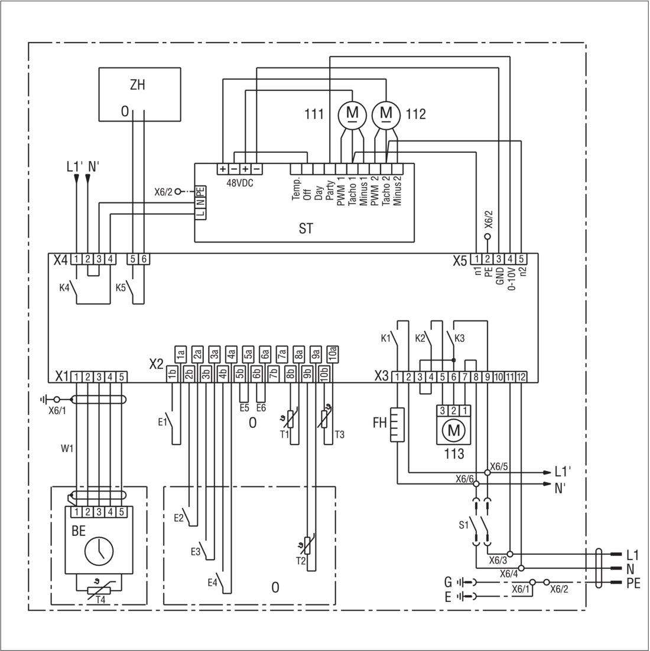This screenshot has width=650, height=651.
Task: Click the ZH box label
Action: coord(138,85)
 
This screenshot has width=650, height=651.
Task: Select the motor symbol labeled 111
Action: coord(352,113)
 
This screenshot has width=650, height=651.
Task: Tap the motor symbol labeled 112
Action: coord(386,113)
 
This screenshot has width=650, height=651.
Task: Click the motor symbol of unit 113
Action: coord(453,430)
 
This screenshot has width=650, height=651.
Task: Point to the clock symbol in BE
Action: coord(99,551)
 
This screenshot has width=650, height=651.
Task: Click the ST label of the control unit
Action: coord(306,228)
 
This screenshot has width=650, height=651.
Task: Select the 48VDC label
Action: coord(240,183)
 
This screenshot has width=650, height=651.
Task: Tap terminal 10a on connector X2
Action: coord(333,354)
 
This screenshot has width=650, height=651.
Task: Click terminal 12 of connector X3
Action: coord(521,377)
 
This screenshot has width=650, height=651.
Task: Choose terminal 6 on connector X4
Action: coord(144,259)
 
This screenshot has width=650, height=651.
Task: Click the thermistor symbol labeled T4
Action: coord(99,590)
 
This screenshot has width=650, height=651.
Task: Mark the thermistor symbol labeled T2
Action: coord(307,546)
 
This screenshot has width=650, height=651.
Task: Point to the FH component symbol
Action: coord(397,424)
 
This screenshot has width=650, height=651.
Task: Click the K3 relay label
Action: coord(459,338)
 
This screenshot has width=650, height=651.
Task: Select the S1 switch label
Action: coord(463,525)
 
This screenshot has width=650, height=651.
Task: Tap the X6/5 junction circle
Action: coord(487,473)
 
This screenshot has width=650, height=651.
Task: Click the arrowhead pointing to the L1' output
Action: coord(547,473)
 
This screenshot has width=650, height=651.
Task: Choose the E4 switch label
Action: coord(212,583)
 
